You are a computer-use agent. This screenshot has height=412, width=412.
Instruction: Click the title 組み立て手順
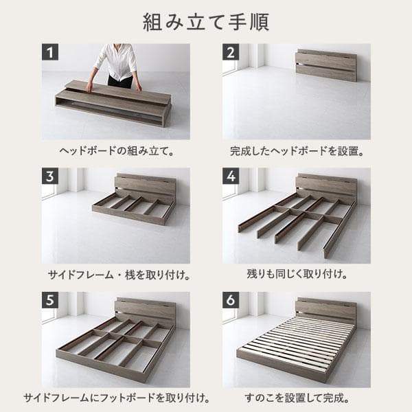tap(206, 21)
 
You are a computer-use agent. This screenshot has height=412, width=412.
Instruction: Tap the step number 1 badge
tap(49, 52)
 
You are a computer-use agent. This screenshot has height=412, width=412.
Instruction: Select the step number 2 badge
tap(231, 52)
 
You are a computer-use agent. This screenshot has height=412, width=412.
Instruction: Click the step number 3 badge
tap(49, 176)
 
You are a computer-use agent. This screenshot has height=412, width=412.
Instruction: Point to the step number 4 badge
tap(231, 176)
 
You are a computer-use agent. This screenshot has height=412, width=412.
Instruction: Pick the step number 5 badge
tap(49, 300)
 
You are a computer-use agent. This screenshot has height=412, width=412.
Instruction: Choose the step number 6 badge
tap(231, 300)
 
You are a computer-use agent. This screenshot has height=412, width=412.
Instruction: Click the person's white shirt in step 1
tap(119, 60)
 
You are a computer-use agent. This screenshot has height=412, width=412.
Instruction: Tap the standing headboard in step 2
tap(326, 65)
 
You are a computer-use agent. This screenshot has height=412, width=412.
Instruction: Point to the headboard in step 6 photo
tap(325, 309)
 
